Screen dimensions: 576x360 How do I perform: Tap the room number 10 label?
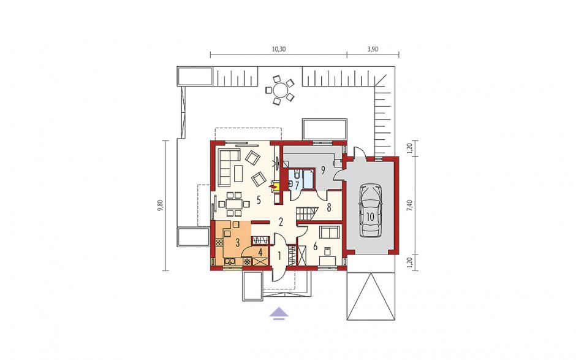point(370,217)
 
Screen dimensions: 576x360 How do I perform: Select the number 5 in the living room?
point(259,201)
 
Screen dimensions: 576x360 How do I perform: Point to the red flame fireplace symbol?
point(273,187)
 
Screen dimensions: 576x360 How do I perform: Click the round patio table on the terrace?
point(281,90)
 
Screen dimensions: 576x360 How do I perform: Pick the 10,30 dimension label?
point(279,49)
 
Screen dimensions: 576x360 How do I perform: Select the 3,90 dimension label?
point(373,49)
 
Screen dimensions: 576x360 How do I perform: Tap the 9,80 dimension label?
point(160,206)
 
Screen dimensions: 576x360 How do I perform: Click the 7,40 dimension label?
point(411,205)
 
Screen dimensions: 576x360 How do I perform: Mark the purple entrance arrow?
point(279,313)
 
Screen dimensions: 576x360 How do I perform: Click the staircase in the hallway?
point(306,214)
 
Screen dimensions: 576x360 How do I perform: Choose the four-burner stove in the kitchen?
point(219,243)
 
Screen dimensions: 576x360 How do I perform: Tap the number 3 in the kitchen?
point(237,243)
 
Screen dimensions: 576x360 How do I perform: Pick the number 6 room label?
point(315,247)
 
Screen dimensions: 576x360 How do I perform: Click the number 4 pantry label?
point(260,253)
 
